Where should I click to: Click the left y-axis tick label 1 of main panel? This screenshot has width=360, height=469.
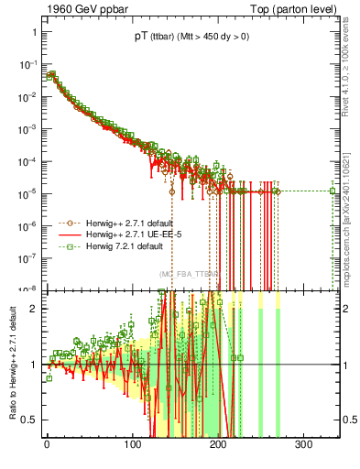[33, 31]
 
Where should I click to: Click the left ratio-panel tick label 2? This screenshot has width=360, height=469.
[33, 309]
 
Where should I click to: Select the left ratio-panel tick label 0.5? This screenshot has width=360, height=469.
[29, 420]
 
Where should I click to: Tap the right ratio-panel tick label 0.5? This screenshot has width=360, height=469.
[348, 420]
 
